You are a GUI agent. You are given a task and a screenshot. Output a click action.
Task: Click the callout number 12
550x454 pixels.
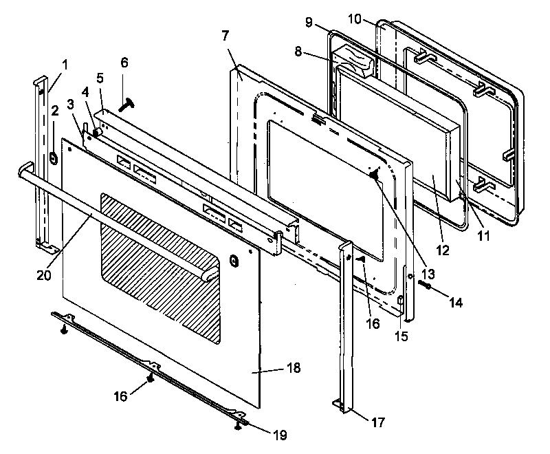(x=442, y=251)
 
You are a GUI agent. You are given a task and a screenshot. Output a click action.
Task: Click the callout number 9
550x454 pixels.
(x=309, y=23)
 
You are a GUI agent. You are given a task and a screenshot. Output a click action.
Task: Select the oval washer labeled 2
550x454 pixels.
(x=52, y=158)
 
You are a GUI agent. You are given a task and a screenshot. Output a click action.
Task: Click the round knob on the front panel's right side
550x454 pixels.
(x=234, y=262)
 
